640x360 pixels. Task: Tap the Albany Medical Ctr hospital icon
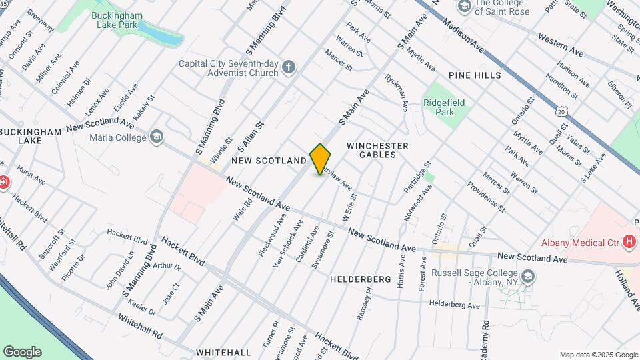627,243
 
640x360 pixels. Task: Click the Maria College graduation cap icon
157,137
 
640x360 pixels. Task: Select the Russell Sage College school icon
528,276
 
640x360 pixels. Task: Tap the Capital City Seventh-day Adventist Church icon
288,67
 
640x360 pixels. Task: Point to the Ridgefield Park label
445,107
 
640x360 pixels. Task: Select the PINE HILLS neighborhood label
475,75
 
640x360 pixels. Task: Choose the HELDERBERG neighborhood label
360,280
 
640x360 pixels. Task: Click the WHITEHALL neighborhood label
223,352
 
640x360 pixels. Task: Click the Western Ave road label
561,45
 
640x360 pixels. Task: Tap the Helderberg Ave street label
455,305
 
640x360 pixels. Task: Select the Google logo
22,351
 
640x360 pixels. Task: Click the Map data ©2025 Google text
598,355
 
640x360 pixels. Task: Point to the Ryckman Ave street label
396,93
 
